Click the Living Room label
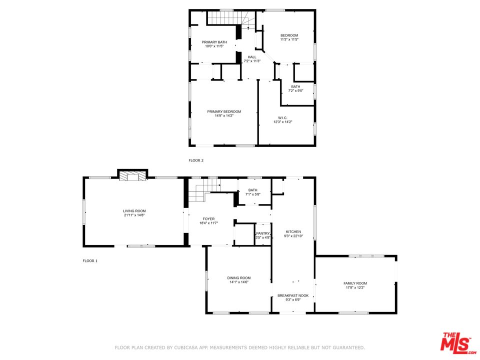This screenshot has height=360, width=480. pyautogui.click(x=134, y=211)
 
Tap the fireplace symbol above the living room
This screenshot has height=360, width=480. pyautogui.click(x=133, y=176)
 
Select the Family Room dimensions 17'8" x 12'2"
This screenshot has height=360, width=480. pyautogui.click(x=355, y=288)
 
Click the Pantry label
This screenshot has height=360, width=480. pyautogui.click(x=263, y=233)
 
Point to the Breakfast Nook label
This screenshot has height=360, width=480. pyautogui.click(x=293, y=295)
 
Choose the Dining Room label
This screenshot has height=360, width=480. pyautogui.click(x=239, y=278)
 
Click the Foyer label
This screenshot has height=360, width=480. pyautogui.click(x=208, y=219)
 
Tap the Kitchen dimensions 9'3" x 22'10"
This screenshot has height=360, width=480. pyautogui.click(x=293, y=236)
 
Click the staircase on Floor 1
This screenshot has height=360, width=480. pyautogui.click(x=197, y=192)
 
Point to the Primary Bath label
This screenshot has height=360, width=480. pyautogui.click(x=214, y=42)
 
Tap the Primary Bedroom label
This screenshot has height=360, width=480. pyautogui.click(x=224, y=111)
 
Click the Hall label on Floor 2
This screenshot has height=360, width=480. pyautogui.click(x=252, y=57)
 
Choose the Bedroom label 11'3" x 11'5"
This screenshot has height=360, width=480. pyautogui.click(x=289, y=35)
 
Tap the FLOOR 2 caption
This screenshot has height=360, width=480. pyautogui.click(x=196, y=160)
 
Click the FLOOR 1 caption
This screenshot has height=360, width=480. pyautogui.click(x=90, y=261)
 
